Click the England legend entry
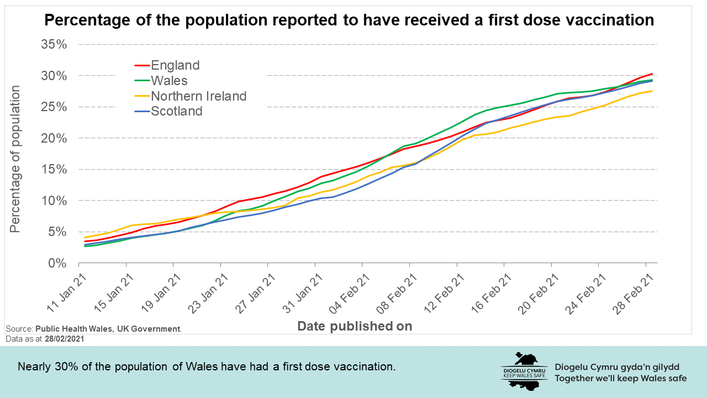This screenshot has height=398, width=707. pos(175,65)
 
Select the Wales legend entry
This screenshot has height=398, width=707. pos(169,81)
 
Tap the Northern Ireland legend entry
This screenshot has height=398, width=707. pos(198,96)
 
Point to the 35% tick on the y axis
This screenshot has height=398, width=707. pos(54,44)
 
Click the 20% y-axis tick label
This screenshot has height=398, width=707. pos(54,138)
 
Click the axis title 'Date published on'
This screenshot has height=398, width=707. pos(355,326)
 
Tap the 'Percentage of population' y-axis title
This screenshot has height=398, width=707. pos(15,159)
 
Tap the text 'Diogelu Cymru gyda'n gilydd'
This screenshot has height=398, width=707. pos(616,367)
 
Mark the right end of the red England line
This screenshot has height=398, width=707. pos(652,74)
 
